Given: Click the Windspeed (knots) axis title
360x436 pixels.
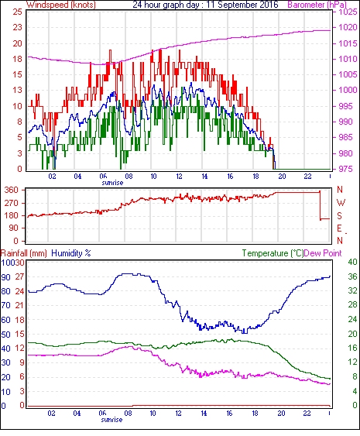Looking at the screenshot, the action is [x=60, y=5].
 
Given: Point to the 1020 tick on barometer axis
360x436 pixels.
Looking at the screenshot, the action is [x=348, y=28].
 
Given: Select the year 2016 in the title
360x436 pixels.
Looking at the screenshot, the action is [x=269, y=5].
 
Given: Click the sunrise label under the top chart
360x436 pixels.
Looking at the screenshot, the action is [x=112, y=183].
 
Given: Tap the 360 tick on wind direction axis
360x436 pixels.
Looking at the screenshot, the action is [x=12, y=191].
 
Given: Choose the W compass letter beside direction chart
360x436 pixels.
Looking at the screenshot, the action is [x=341, y=203].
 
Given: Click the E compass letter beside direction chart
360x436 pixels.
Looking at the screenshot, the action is [x=339, y=228].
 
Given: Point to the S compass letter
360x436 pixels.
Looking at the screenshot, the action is [x=339, y=215].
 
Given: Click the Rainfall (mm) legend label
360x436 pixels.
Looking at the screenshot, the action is [x=24, y=253].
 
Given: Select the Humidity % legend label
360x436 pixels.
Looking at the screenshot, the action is [x=71, y=253].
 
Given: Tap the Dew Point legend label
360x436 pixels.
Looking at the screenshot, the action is [x=323, y=253].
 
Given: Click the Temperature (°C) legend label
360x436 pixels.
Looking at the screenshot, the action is [x=273, y=253].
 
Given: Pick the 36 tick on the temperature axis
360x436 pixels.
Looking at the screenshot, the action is [x=352, y=276].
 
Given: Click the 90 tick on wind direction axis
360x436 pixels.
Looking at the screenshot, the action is [x=14, y=228].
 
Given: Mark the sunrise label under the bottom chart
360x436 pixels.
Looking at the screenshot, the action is [x=111, y=419].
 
